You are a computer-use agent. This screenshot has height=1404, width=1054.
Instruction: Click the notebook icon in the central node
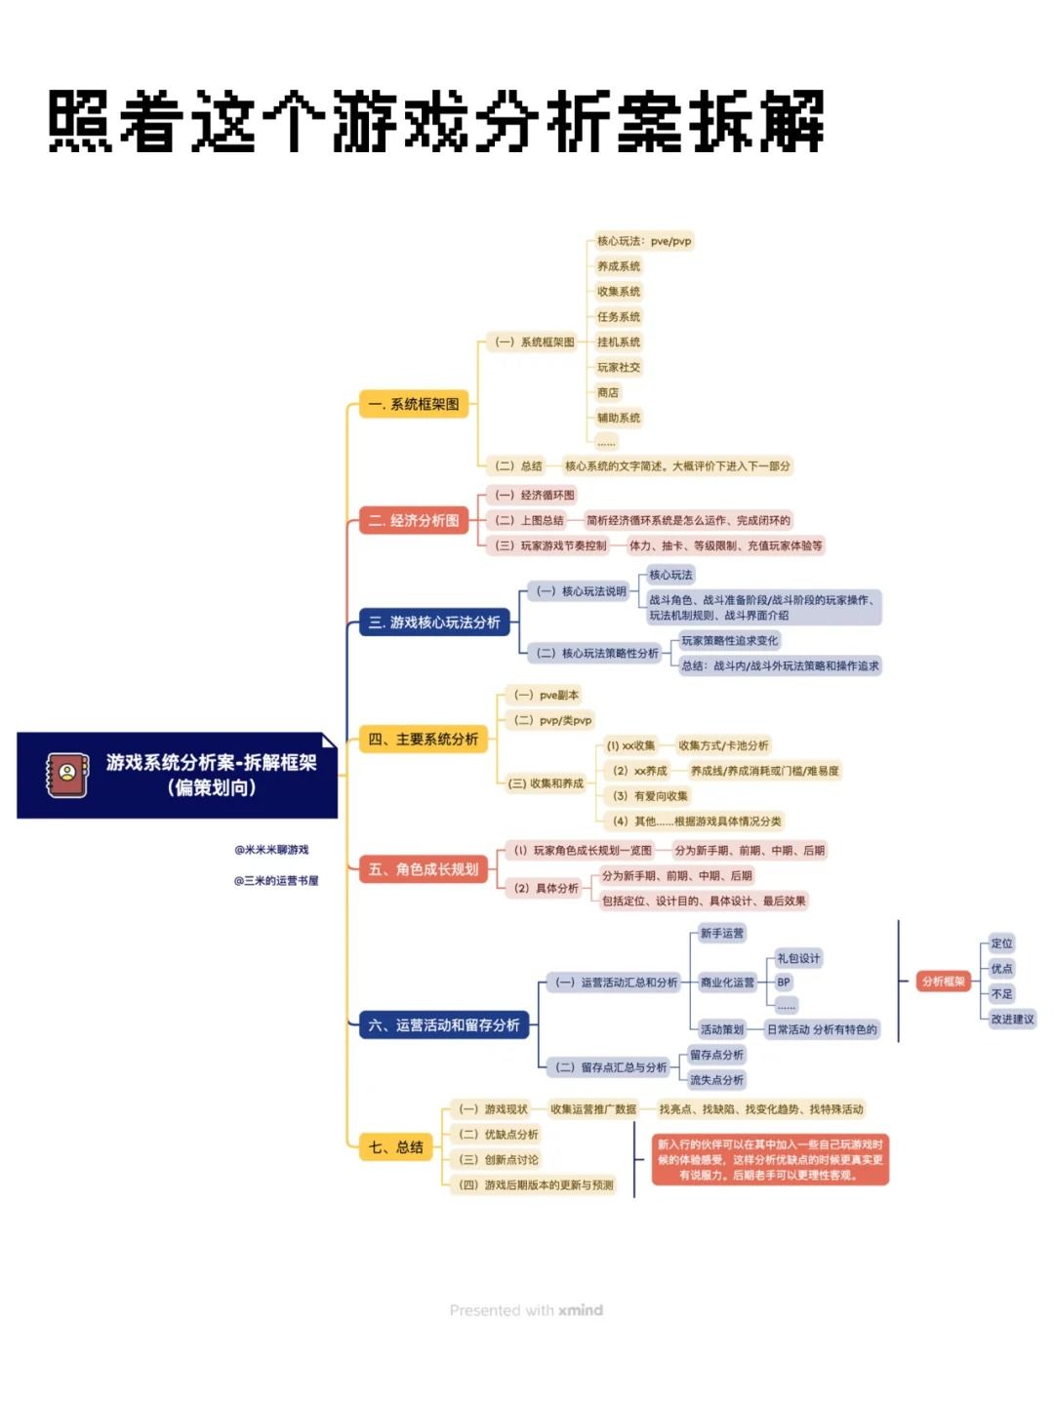click(x=67, y=775)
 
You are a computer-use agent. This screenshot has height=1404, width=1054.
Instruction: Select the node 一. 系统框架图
click(x=414, y=404)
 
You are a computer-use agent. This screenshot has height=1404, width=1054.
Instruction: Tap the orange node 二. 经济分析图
click(x=414, y=521)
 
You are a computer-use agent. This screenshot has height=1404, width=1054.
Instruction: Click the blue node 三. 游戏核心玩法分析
click(x=434, y=622)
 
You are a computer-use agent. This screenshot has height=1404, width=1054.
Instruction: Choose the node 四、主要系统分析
click(x=424, y=740)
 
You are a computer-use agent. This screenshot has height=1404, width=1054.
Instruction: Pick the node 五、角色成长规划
click(x=424, y=869)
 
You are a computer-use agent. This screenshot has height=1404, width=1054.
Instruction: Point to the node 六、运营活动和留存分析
click(x=444, y=1025)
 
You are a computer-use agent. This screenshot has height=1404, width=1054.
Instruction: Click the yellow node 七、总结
click(x=396, y=1147)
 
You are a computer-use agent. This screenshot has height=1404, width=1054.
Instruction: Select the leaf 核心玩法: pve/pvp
click(x=644, y=241)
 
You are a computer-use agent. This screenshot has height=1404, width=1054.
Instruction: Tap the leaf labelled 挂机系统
click(x=619, y=342)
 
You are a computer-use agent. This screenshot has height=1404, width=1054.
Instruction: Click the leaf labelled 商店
click(x=608, y=393)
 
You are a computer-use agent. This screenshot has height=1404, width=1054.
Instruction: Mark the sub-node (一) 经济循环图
click(x=534, y=496)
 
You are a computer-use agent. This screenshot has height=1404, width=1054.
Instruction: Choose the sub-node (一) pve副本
click(x=547, y=696)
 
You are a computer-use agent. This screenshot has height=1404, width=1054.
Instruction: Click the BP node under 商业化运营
click(x=784, y=983)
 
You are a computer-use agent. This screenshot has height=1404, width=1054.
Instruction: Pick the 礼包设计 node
click(x=798, y=958)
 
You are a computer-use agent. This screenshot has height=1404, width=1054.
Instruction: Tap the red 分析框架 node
click(x=944, y=982)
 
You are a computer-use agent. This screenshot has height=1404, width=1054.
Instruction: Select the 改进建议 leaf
click(x=1012, y=1020)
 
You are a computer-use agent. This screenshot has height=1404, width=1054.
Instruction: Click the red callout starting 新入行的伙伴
click(x=770, y=1160)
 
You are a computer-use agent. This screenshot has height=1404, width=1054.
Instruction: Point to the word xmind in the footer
click(x=581, y=1310)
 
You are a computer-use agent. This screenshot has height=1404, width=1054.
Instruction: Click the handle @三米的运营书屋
click(x=276, y=881)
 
